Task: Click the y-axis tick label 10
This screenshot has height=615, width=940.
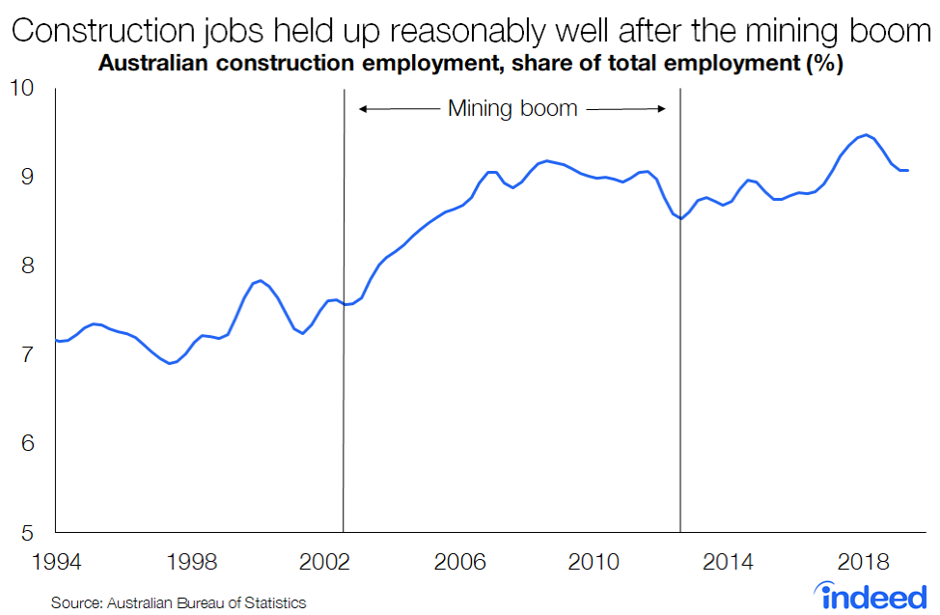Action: point(20,89)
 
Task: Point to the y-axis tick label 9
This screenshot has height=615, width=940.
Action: point(26,177)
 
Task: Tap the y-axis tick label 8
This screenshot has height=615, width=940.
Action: point(26,266)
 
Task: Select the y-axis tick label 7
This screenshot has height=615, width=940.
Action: point(26,354)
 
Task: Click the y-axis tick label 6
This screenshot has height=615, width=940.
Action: point(26,443)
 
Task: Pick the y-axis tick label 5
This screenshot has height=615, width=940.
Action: point(26,532)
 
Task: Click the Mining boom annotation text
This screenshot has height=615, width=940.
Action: point(512,109)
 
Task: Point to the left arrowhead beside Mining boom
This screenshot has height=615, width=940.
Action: point(364,109)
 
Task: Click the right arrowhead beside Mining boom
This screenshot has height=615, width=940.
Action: point(663,109)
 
